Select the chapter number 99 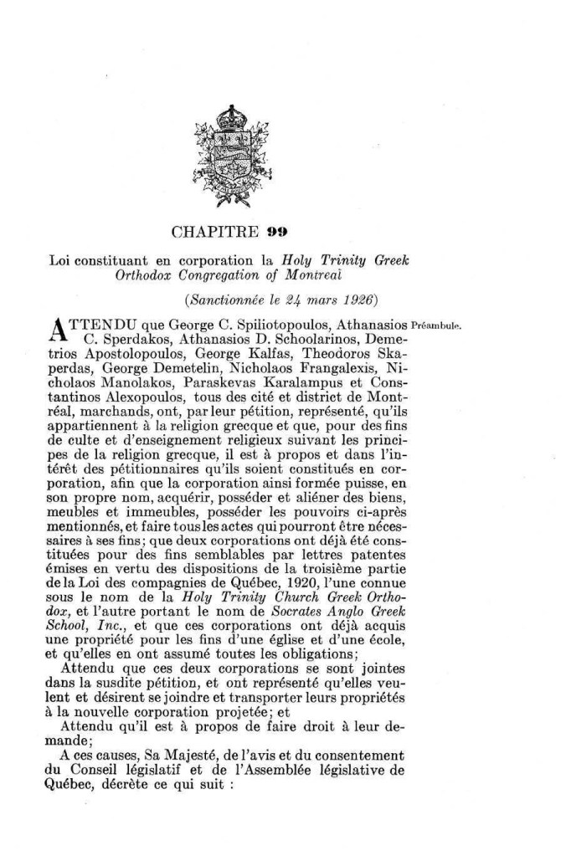256,231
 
